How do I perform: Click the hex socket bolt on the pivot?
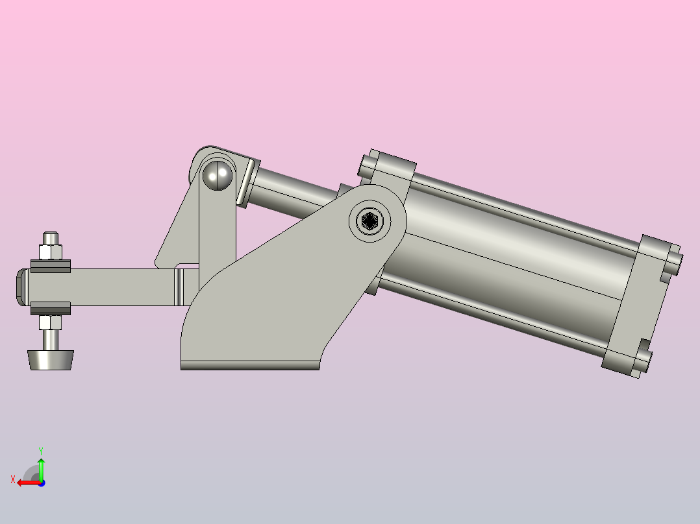(x=369, y=220)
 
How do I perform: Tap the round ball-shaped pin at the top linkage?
(x=218, y=175)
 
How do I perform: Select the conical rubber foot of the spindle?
(x=51, y=360)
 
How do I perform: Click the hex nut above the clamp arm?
(x=51, y=252)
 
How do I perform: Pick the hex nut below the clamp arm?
(x=50, y=322)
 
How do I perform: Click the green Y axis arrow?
(x=41, y=468)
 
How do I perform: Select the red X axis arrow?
(x=29, y=483)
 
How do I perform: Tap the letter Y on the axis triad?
(x=41, y=451)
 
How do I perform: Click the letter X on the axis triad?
(x=13, y=479)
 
